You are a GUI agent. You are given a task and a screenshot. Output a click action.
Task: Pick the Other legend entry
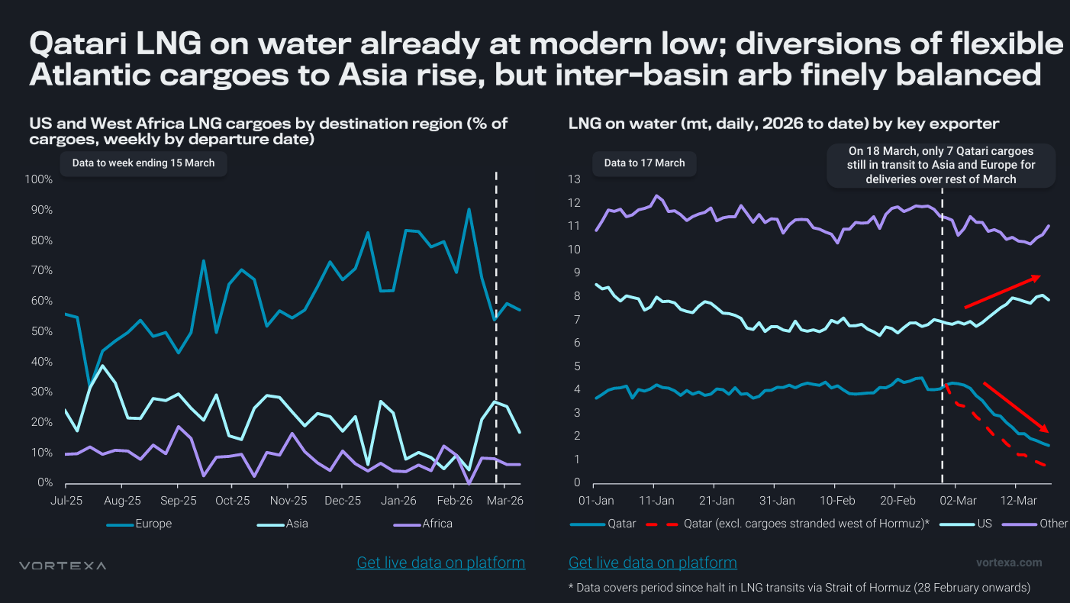point(1053,524)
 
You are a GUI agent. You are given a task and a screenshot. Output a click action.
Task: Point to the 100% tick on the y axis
point(39,179)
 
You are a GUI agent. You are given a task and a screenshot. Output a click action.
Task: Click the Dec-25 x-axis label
point(343,501)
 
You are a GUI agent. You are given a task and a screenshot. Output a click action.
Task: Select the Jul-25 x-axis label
point(66,501)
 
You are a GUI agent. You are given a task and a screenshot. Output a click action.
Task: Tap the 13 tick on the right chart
point(575,179)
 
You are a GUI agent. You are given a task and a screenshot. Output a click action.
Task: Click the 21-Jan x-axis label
point(716,501)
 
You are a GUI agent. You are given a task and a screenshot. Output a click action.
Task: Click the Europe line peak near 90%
point(469,209)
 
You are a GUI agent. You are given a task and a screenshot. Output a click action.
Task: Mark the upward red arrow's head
point(1036,277)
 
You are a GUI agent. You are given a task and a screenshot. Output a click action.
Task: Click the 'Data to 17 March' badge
point(644,163)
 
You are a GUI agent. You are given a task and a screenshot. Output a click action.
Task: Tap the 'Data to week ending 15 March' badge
point(143,163)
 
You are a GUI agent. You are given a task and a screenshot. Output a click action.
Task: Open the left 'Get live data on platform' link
point(441,563)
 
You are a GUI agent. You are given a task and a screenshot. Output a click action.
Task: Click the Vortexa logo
point(63,566)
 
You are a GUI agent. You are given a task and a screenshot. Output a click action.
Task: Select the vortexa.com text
point(1009,563)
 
